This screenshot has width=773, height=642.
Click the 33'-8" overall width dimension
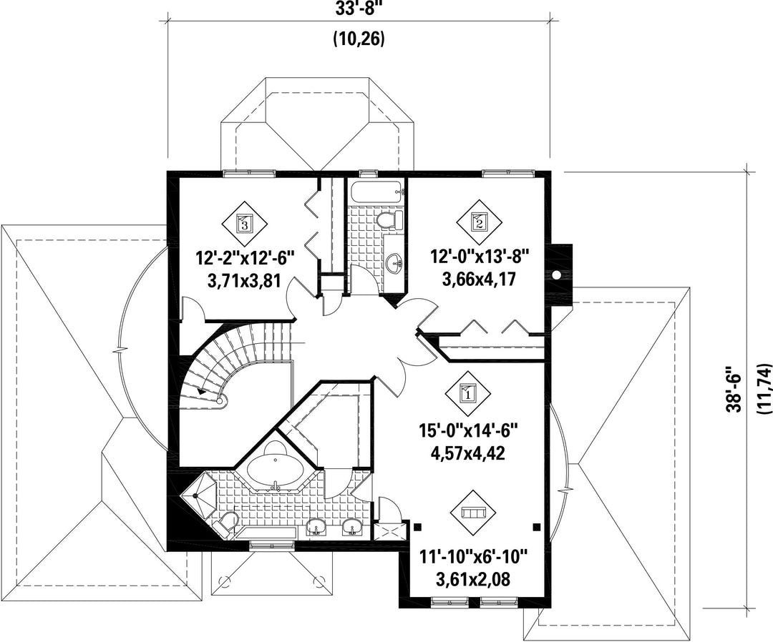point(359,11)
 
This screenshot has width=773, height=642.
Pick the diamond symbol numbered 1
point(466,392)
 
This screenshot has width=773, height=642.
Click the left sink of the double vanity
point(316,528)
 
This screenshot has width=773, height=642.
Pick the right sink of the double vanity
point(351,528)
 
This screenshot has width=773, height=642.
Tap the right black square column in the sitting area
point(536,527)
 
